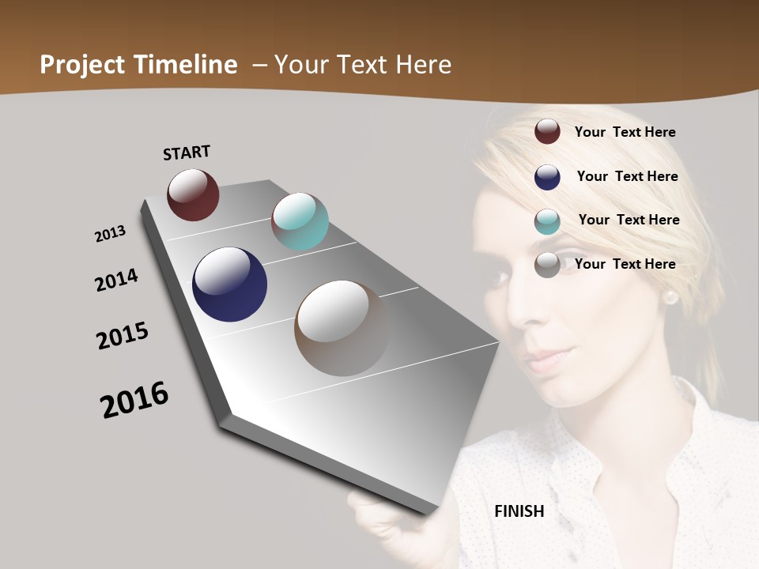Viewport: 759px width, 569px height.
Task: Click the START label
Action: [x=187, y=152]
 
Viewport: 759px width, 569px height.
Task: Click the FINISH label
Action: [x=519, y=511]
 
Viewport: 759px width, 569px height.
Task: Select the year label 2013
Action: [x=110, y=234]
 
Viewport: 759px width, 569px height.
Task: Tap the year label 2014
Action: [x=116, y=281]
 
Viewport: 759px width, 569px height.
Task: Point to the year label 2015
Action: [x=123, y=336]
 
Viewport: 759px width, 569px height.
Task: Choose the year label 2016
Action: [x=134, y=400]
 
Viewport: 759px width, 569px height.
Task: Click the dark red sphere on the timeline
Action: [x=193, y=194]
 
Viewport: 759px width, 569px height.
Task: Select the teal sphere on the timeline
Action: [x=300, y=221]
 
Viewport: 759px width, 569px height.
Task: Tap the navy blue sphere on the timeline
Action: [x=229, y=284]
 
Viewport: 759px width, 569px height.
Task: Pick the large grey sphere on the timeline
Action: [x=342, y=328]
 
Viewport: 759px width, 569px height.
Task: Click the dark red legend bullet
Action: [x=547, y=132]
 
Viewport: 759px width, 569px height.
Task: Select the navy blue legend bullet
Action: [x=547, y=177]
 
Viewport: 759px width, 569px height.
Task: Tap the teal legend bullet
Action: [x=547, y=221]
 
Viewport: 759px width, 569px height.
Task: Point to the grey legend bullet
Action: [x=547, y=265]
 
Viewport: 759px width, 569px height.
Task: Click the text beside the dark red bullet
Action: [x=625, y=132]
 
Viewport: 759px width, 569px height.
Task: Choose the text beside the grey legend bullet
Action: [x=625, y=264]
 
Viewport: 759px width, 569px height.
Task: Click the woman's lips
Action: [x=546, y=360]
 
